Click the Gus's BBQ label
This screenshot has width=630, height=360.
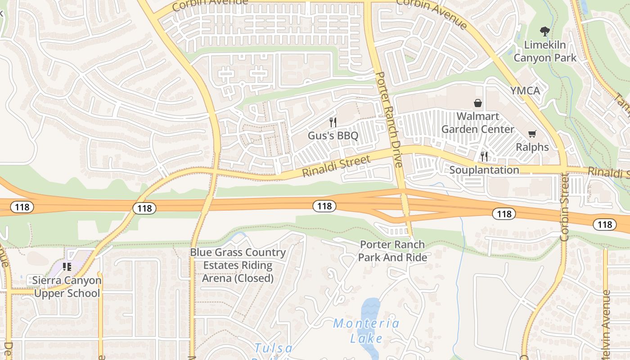click(x=333, y=135)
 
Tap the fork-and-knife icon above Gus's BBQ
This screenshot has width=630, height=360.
click(x=333, y=121)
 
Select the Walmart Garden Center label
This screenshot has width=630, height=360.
click(x=477, y=123)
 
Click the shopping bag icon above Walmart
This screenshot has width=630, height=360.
click(x=478, y=103)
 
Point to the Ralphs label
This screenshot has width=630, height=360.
click(x=532, y=147)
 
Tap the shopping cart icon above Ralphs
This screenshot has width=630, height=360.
click(x=532, y=134)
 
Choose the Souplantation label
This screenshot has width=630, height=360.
click(x=484, y=170)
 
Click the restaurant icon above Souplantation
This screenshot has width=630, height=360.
click(x=484, y=156)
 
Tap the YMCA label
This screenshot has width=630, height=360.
click(x=525, y=91)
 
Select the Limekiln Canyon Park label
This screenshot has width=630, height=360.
click(x=545, y=51)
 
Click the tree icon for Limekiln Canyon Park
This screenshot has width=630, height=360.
click(x=545, y=31)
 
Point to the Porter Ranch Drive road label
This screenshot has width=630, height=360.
click(x=388, y=119)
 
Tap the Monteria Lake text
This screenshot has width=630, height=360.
click(x=366, y=331)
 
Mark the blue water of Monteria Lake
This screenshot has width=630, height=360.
click(x=370, y=308)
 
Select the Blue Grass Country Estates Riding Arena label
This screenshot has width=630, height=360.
click(x=238, y=265)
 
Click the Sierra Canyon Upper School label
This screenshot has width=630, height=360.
click(x=67, y=287)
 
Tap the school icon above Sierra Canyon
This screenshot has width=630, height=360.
click(x=67, y=267)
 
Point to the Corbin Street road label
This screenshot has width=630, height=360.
click(x=565, y=207)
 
